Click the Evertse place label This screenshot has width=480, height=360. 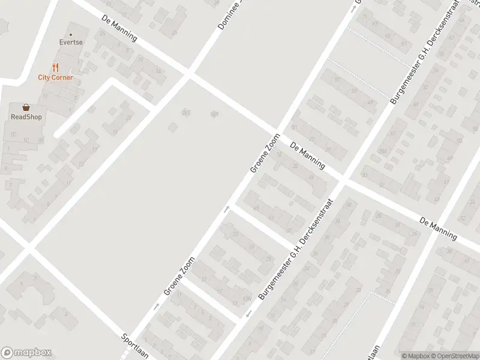[71, 43]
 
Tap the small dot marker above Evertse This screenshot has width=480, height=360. [71, 35]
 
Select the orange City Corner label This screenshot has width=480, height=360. [55, 77]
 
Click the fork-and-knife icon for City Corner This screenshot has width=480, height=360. [55, 67]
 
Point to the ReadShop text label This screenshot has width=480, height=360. [26, 117]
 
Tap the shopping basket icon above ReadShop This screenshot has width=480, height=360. [26, 107]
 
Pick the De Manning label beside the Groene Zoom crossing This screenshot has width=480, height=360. [307, 155]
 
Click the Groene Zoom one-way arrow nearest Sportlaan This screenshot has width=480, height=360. [157, 306]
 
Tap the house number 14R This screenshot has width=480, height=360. [214, 114]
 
